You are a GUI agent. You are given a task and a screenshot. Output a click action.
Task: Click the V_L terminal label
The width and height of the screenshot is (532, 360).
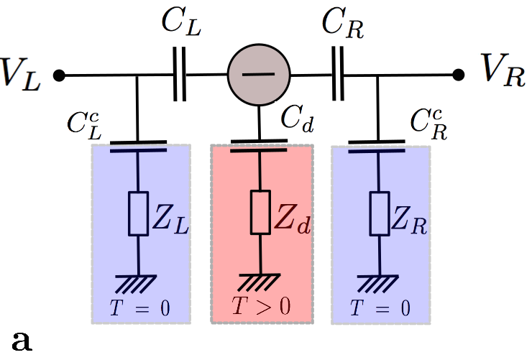pyautogui.click(x=22, y=74)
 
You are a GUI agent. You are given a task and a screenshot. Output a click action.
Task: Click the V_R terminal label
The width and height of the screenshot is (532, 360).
pyautogui.click(x=503, y=74)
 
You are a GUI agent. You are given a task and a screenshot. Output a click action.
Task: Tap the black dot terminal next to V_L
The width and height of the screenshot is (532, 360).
pyautogui.click(x=60, y=74)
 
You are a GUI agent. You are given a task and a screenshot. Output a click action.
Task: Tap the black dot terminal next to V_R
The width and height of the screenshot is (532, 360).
pyautogui.click(x=458, y=74)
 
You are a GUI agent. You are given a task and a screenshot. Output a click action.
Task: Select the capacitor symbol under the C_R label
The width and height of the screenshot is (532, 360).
pyautogui.click(x=338, y=74)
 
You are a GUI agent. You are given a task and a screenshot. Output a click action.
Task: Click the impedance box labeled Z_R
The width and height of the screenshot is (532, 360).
pyautogui.click(x=379, y=213)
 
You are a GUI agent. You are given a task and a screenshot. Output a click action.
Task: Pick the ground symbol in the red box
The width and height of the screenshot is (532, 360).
pyautogui.click(x=260, y=281)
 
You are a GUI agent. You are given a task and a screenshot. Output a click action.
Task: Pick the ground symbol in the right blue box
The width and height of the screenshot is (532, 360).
pyautogui.click(x=379, y=282)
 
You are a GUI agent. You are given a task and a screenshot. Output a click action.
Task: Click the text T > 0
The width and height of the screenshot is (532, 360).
pyautogui.click(x=261, y=307)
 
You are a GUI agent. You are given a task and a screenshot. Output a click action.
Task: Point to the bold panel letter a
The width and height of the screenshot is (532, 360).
pyautogui.click(x=24, y=339)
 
